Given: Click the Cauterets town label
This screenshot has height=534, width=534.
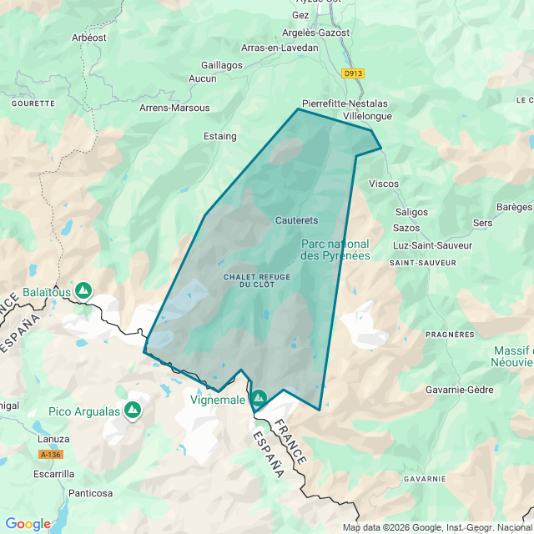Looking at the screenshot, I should click(x=296, y=220).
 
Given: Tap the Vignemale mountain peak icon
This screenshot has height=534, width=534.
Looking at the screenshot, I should click(x=259, y=399).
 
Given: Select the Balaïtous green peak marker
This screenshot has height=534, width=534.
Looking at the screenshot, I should click(x=83, y=290).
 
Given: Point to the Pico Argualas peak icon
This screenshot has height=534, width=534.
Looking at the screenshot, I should click(x=132, y=410).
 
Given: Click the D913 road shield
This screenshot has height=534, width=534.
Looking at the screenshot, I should click(x=354, y=73).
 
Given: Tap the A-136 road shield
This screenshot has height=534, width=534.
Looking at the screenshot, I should click(x=50, y=456).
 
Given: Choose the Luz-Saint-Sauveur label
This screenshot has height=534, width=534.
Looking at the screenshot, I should click(x=432, y=245).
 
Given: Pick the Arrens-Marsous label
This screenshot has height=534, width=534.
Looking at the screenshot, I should click(x=174, y=108).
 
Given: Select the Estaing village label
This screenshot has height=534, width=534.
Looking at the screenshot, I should click(x=220, y=136).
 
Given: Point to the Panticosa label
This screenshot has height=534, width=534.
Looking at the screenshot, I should click(x=90, y=493).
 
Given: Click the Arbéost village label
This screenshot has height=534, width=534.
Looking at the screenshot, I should click(x=89, y=38).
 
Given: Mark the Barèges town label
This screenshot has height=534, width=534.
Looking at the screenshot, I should click(x=514, y=207).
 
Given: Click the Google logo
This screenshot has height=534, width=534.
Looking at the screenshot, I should click(x=28, y=524).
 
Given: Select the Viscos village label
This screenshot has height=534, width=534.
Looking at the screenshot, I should click(x=384, y=184).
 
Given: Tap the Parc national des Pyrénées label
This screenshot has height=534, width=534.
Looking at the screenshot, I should click(x=335, y=249).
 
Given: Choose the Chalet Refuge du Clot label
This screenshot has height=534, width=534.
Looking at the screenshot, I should click(x=250, y=280).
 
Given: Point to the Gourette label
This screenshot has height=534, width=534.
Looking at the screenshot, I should click(x=34, y=103).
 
